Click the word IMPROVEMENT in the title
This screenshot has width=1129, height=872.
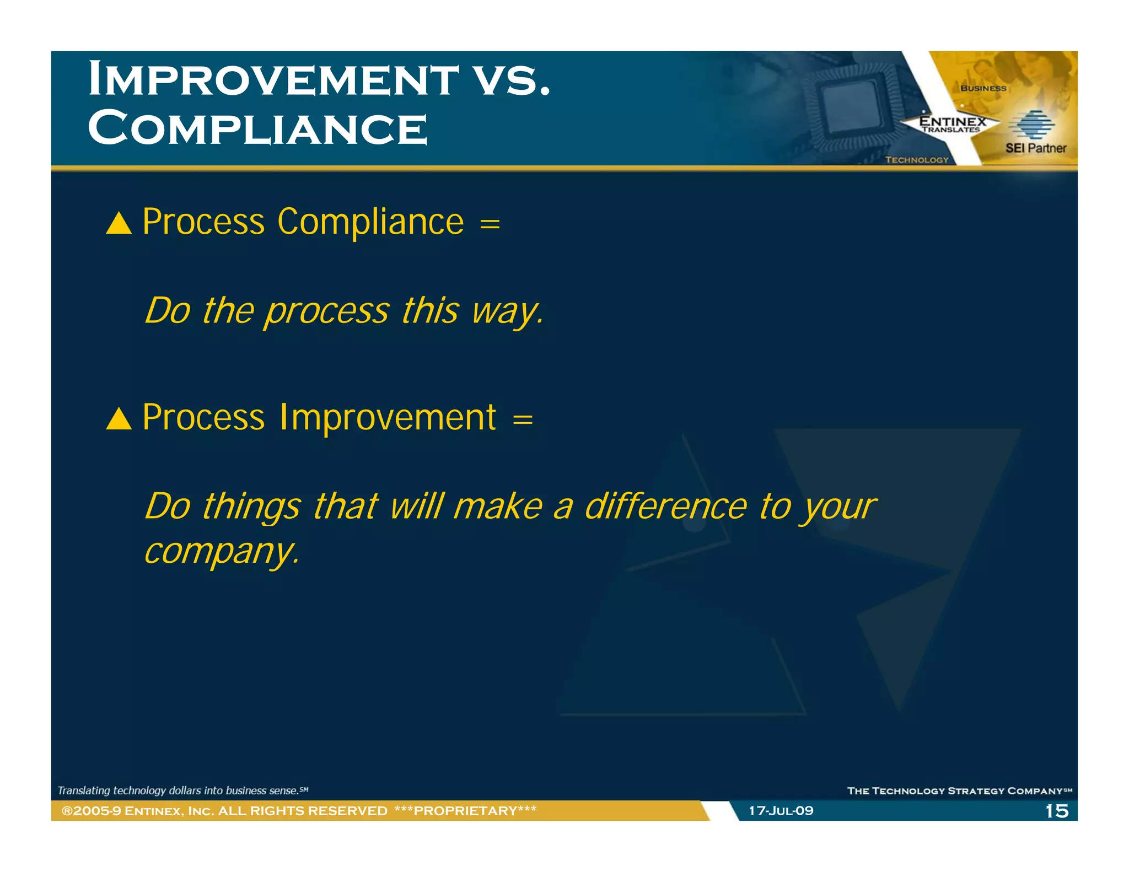pos(273,79)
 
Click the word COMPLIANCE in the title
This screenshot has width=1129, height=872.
pos(257,128)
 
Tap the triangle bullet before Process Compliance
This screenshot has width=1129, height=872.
pos(119,224)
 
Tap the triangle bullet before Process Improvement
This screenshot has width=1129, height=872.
pos(119,419)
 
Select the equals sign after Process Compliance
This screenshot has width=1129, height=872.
pos(490,224)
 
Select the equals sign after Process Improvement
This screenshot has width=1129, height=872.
pos(523,419)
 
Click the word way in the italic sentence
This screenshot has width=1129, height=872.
pos(506,311)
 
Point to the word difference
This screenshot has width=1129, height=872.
pos(665,507)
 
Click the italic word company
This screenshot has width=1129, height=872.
pos(221,551)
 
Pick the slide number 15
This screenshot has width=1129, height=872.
pos(1056,811)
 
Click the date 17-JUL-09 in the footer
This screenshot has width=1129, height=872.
pos(781,811)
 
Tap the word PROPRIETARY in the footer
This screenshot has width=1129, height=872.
pos(465,811)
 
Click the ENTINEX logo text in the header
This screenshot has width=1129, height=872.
pos(952,121)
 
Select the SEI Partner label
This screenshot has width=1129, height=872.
pos(1035,148)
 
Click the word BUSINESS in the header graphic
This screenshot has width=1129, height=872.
pos(983,88)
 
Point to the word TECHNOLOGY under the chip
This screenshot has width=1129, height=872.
pos(916,160)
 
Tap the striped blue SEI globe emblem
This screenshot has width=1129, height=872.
pos(1031,125)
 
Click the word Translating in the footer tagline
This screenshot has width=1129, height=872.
pos(84,790)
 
